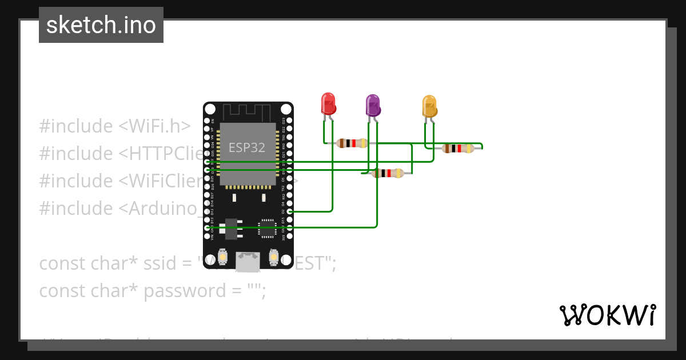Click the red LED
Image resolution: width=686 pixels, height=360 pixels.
328,104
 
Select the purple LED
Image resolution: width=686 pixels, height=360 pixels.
373,106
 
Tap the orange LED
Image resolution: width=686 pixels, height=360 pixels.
429,106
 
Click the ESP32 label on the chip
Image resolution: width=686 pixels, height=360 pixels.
247,147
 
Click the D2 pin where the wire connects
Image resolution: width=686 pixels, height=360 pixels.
290,211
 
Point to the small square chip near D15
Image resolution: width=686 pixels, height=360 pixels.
266,227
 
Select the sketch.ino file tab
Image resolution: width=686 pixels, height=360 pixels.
101,25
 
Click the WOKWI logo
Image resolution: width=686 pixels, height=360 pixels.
607,315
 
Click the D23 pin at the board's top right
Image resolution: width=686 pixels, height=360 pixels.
290,121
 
